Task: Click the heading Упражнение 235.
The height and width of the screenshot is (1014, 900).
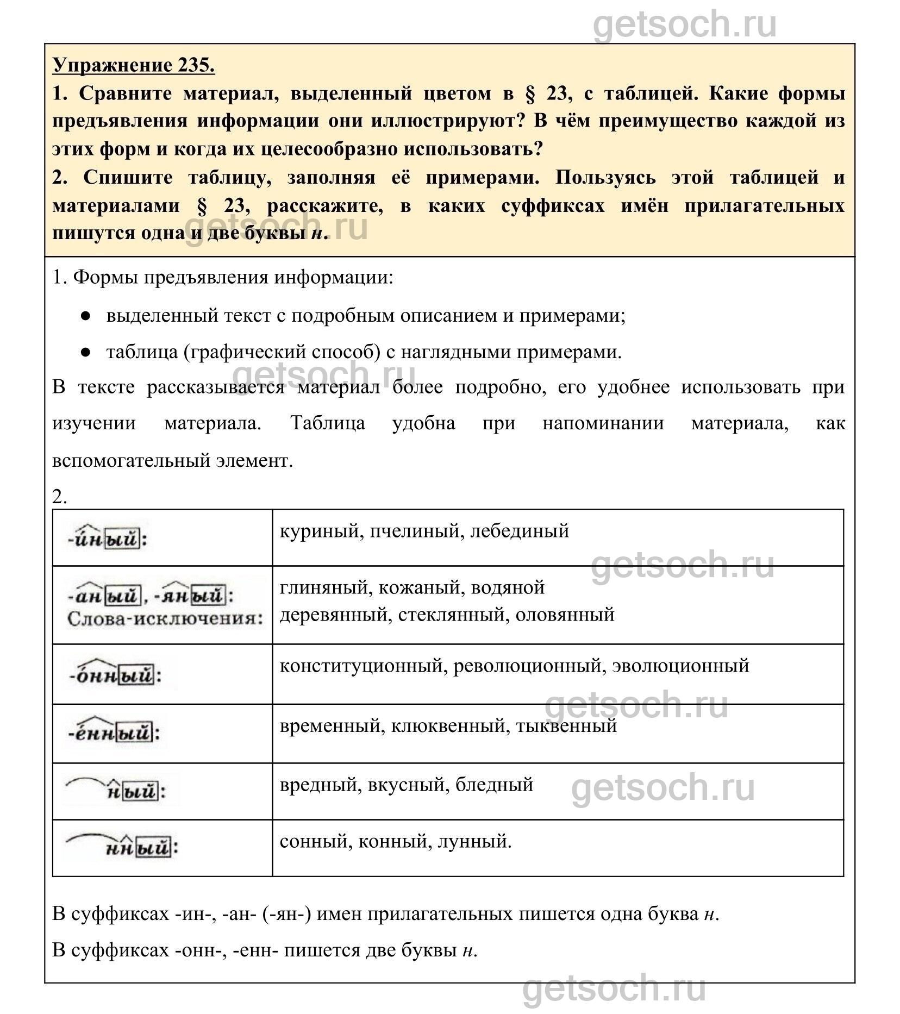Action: coord(134,65)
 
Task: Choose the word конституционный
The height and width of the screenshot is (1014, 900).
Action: coord(361,666)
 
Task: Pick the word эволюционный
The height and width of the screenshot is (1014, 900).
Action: coord(680,666)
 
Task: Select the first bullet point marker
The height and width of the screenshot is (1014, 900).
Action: coord(85,316)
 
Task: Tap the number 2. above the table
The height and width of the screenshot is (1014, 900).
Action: coord(60,497)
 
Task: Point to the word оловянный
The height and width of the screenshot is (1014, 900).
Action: coord(565,615)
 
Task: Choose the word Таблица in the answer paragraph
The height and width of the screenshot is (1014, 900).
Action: coord(328,423)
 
